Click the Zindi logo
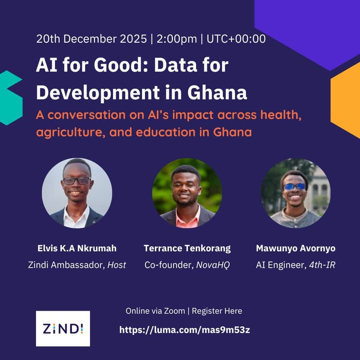click(63, 328)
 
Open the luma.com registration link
click(184, 330)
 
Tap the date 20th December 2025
click(92, 39)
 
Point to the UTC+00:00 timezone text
click(236, 39)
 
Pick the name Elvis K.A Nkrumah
click(76, 248)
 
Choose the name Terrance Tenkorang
click(187, 248)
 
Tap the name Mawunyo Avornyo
click(295, 248)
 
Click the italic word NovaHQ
click(213, 265)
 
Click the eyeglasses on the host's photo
click(76, 181)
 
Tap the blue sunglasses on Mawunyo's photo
click(295, 186)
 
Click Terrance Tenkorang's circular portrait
click(187, 193)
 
